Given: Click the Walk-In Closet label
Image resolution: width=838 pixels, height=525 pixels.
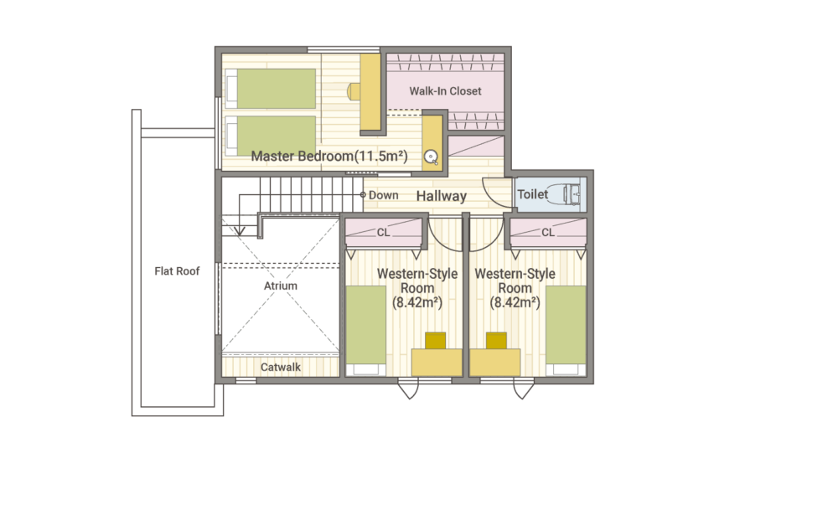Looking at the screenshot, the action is pos(445,91).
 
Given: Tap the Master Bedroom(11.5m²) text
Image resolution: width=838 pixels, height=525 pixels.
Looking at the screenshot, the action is pos(329,156).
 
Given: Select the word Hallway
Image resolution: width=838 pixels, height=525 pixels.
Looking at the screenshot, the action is pos(442,196).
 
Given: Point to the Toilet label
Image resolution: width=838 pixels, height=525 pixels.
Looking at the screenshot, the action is pos(533,194).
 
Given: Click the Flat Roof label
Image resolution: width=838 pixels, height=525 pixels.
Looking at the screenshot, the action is pos(177,271).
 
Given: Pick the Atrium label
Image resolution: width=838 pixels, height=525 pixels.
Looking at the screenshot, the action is pos(281,286).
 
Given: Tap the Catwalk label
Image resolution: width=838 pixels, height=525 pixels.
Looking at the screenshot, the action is pos(281,367).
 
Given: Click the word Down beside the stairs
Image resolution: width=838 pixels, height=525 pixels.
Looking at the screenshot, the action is pos(384,195).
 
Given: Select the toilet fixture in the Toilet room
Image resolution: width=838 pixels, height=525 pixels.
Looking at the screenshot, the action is pos(570,194).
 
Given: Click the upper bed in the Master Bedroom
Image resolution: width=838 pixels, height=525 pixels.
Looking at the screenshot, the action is pos(271,89).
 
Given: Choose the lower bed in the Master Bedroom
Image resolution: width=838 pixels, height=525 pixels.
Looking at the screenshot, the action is pos(271,136).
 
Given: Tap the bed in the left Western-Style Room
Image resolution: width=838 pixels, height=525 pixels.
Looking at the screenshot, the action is pos(365,331).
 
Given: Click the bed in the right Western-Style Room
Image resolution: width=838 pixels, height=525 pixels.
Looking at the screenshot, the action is pos(566,331).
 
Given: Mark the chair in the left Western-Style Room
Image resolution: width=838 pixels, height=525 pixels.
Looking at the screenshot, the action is pos(436,341).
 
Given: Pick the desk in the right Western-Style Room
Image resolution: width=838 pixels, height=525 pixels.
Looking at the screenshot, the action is pos(495,362).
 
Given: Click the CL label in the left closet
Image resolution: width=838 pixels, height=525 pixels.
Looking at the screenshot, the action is pos(383,232).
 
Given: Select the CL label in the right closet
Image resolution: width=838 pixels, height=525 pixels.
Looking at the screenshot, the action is pos(548,232).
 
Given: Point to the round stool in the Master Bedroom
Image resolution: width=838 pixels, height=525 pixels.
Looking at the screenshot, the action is pos(432,157).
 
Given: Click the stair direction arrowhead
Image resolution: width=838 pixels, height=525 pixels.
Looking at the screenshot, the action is pos(240,231).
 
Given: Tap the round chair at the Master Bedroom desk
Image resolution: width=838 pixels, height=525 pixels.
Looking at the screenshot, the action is pos(354,91).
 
